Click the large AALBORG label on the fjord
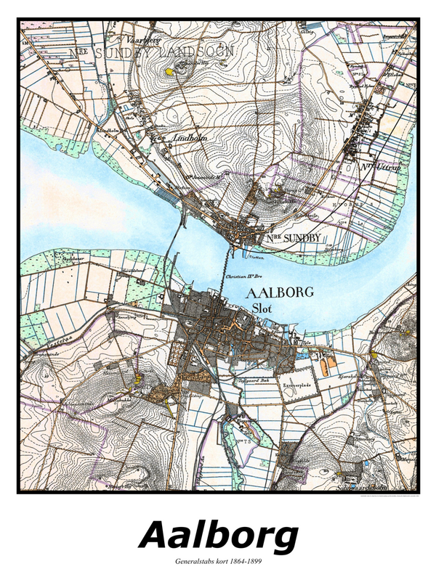click(280, 292)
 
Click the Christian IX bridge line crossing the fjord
click(227, 269)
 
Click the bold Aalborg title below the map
click(218, 536)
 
